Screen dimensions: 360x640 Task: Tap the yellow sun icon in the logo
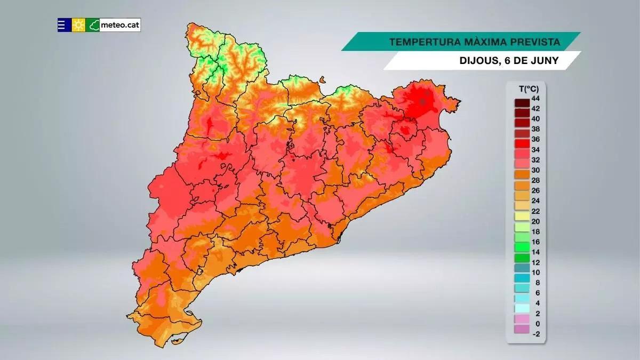79,25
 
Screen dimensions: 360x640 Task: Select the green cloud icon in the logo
94,25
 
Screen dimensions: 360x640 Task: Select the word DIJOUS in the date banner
477,61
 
